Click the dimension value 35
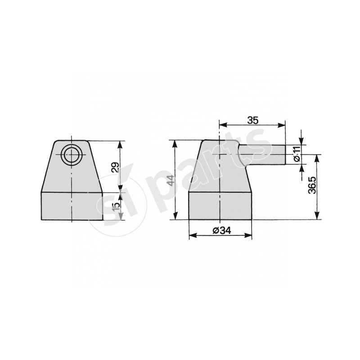[x=253, y=120]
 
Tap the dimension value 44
[x=171, y=180]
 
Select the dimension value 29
[x=115, y=167]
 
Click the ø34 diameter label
[x=222, y=230]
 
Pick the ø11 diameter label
[x=297, y=153]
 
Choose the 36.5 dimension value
[x=312, y=185]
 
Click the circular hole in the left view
[x=72, y=154]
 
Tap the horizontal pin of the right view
[x=262, y=154]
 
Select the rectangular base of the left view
[x=72, y=206]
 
